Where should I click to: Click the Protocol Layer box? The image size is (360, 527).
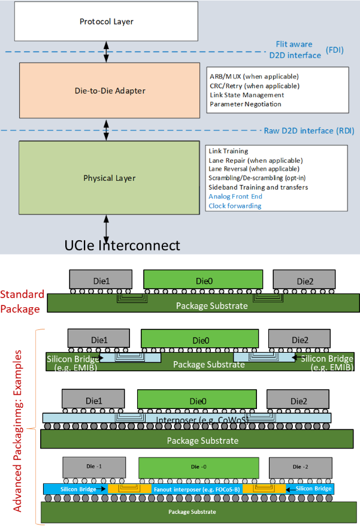coord(106,21)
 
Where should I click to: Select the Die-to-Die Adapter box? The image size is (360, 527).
coord(110,90)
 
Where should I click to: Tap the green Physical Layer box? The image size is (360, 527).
coord(109,178)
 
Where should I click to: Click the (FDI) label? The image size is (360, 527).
coord(334,50)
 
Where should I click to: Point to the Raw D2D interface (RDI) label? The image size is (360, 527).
coord(309,131)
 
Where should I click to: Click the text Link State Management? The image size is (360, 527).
coord(247,95)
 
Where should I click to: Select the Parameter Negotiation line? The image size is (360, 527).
coord(246,104)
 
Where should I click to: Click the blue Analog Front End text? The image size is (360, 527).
coord(235,196)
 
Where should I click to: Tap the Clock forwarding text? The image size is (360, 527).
coord(235,205)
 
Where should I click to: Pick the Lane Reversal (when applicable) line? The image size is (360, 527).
coord(254,169)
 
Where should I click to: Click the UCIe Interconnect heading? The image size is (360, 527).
coord(122,246)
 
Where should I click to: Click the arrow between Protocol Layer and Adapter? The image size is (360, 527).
coord(106,52)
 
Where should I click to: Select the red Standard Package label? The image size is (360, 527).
coord(22,301)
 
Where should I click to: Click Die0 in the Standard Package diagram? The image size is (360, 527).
coord(203,279)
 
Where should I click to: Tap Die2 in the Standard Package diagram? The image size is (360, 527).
coord(304,280)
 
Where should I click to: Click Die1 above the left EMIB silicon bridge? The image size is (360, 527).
coord(99,338)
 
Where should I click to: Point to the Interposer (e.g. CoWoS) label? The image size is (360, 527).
coord(202,420)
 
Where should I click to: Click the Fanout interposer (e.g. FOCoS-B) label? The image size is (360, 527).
coord(197,489)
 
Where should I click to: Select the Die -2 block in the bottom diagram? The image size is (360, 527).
coord(301,467)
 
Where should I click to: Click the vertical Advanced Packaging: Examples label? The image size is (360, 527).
coord(17,431)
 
